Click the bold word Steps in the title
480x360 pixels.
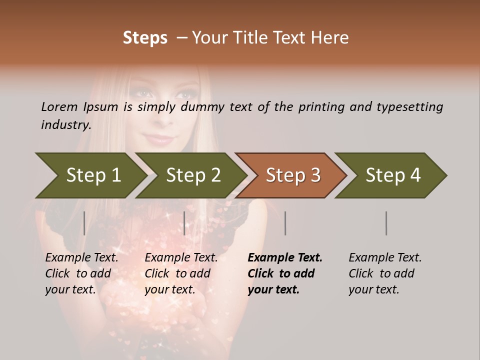coord(145,38)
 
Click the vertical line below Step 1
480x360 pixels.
coord(84,223)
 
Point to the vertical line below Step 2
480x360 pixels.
coord(184,223)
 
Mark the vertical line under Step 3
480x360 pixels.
coord(285,223)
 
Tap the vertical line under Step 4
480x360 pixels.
coord(386,223)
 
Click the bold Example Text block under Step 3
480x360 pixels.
coord(285,273)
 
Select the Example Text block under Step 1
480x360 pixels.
coord(81,273)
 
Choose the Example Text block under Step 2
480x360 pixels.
coord(181,273)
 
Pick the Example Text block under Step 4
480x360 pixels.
coord(385,273)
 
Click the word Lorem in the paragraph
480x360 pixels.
coord(59,107)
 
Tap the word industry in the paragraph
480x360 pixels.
coord(66,124)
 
